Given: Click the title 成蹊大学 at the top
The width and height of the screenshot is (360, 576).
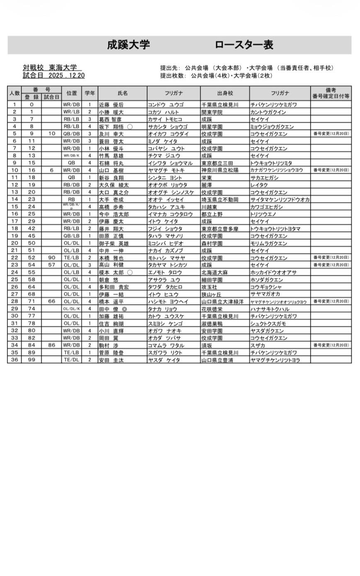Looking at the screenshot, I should click(x=128, y=45).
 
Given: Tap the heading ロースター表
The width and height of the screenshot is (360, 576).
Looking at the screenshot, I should click(x=244, y=45).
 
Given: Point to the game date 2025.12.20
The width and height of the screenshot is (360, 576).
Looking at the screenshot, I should click(x=66, y=75).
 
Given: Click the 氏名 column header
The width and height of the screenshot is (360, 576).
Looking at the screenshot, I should click(x=122, y=93).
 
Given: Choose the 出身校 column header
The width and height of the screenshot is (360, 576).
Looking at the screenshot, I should click(x=225, y=93).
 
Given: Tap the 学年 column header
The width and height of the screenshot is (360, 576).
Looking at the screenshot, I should click(x=90, y=93).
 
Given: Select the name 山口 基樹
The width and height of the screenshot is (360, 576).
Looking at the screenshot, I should click(x=111, y=170).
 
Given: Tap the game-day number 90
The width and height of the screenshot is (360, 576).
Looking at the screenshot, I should click(x=51, y=258).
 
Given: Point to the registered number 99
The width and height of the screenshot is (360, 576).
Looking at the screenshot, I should click(x=32, y=360).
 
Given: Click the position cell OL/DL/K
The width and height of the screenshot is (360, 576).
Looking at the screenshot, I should click(x=72, y=309).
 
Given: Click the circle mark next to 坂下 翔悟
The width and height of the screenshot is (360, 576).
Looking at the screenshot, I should click(x=130, y=127).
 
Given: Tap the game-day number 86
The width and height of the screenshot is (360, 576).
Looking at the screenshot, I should click(x=51, y=345).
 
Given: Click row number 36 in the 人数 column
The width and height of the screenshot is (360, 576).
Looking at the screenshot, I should click(x=15, y=360).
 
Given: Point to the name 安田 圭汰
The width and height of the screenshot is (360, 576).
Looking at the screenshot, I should click(x=111, y=360).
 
